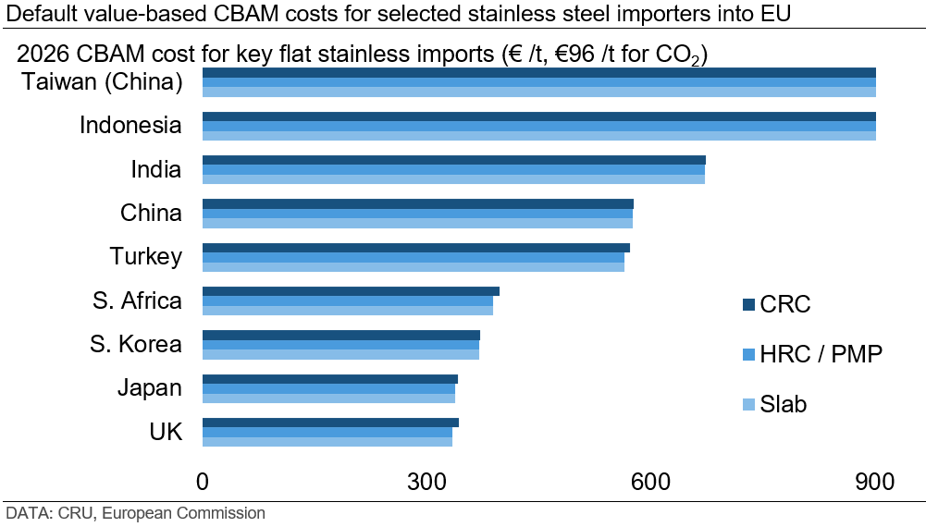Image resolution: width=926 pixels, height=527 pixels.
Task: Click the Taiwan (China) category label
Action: click(102, 82)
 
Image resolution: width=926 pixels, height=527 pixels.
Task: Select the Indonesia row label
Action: click(130, 125)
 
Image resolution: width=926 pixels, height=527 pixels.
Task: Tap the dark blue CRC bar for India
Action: click(453, 160)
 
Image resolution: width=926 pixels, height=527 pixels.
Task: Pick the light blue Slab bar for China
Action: click(417, 223)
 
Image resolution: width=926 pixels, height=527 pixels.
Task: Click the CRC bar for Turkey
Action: click(415, 248)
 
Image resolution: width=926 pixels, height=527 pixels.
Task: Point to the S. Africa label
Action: click(137, 300)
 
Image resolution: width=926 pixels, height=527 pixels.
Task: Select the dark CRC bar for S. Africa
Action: click(351, 291)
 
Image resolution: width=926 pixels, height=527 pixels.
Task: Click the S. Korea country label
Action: click(136, 345)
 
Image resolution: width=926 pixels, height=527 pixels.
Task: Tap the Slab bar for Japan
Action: click(328, 398)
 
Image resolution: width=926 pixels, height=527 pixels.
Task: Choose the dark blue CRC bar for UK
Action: click(330, 423)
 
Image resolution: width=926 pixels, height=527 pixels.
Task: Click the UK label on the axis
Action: click(166, 432)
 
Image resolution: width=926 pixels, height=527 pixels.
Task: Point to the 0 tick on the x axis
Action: click(203, 482)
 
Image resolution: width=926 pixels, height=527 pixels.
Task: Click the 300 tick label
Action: click(426, 482)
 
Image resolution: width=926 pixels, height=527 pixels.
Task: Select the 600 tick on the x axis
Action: click(650, 482)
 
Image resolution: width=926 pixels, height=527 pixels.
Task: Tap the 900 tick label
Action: click(874, 482)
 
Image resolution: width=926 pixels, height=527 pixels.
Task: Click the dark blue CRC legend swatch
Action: click(748, 305)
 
